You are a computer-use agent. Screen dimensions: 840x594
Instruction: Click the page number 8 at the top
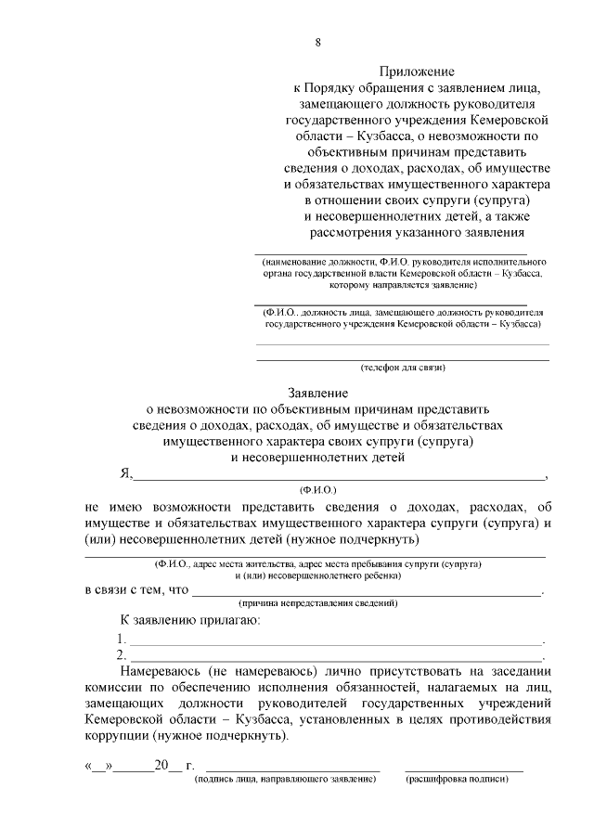coord(318,43)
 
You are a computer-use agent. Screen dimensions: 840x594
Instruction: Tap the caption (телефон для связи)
coord(403,368)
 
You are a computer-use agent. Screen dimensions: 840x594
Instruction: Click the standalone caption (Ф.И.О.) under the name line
coord(317,488)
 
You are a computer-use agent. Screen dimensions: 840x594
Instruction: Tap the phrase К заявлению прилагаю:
coord(188,620)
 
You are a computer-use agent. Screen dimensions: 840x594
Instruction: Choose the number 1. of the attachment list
coord(122,639)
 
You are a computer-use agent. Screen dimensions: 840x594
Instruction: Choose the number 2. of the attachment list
coord(122,655)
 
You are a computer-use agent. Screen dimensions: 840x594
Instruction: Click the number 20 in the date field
coord(162,767)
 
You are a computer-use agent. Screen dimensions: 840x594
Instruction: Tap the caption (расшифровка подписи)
coord(463,780)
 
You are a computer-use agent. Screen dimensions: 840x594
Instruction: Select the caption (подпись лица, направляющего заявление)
coord(285,780)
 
